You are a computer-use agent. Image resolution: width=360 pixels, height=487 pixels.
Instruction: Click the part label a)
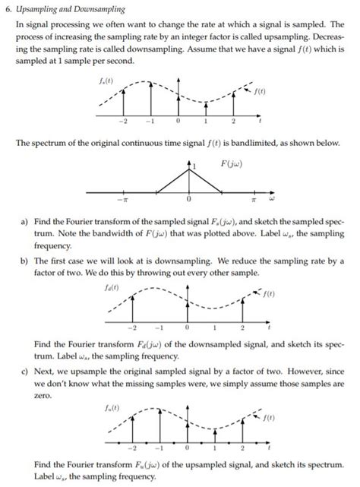point(25,220)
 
